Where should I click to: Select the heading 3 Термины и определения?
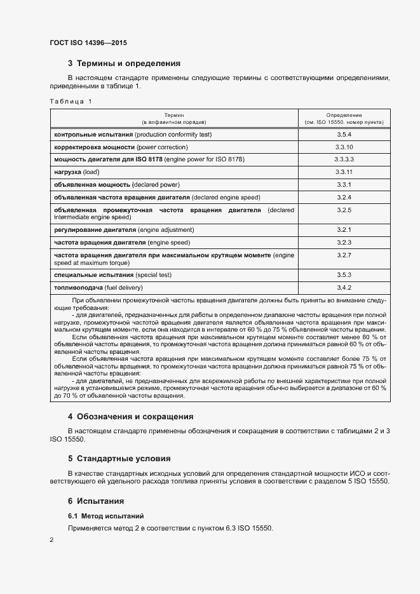[x=124, y=64]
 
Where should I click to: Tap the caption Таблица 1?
[x=71, y=102]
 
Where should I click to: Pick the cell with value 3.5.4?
[x=344, y=135]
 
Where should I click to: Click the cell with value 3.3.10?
[x=344, y=147]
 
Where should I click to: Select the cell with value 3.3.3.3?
[x=344, y=159]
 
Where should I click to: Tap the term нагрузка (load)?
[x=78, y=172]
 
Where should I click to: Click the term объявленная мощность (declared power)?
[x=117, y=185]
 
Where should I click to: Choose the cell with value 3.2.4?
[x=344, y=197]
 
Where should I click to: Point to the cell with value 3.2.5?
[x=344, y=210]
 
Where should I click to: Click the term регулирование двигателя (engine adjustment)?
[x=124, y=229]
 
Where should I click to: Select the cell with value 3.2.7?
[x=344, y=255]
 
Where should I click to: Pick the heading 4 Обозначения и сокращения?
[x=130, y=417]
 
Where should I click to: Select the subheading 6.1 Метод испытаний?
[x=105, y=516]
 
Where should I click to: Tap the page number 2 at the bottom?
[x=51, y=540]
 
